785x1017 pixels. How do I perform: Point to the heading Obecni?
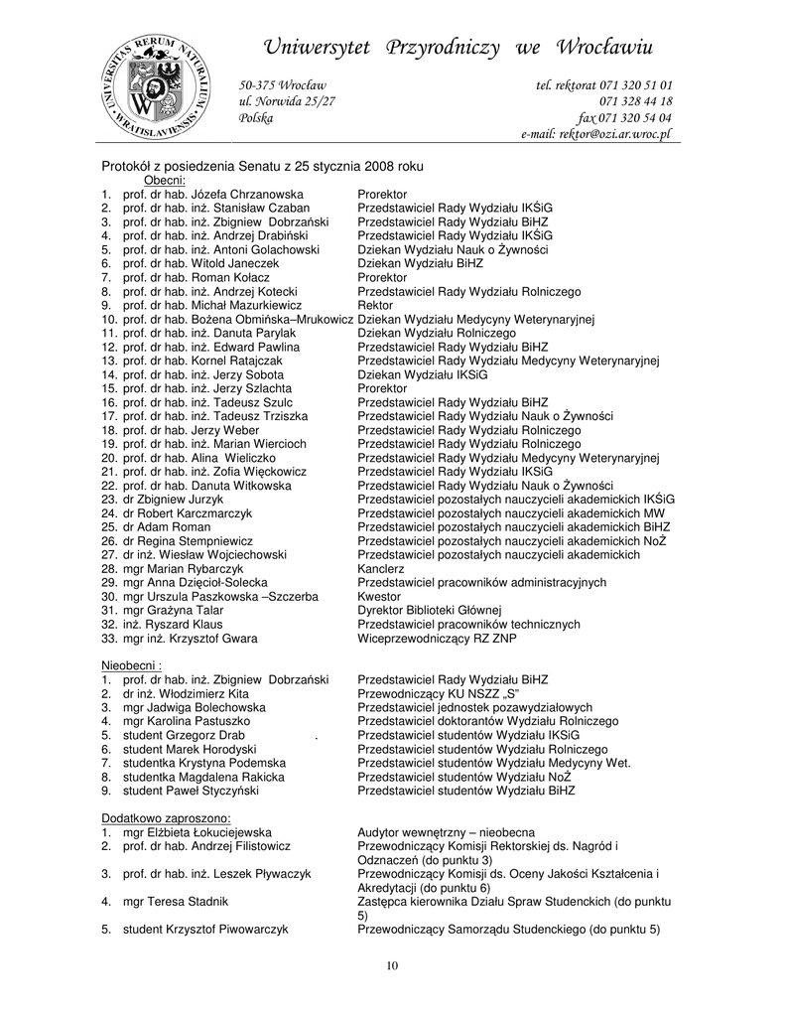(165, 180)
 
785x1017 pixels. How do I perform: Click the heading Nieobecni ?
(132, 664)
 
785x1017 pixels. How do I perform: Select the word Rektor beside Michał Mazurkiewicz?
(375, 306)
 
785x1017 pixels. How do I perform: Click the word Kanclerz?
(381, 568)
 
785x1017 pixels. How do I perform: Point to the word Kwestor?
(379, 596)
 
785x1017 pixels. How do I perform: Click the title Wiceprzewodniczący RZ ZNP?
(437, 639)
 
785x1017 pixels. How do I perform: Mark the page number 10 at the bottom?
(392, 966)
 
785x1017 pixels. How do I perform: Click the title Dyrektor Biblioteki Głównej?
(430, 610)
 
